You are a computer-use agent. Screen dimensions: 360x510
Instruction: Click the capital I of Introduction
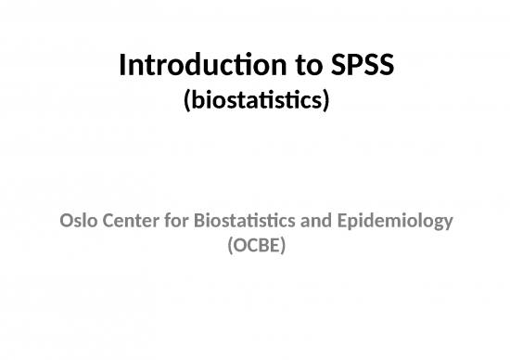[123, 67]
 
